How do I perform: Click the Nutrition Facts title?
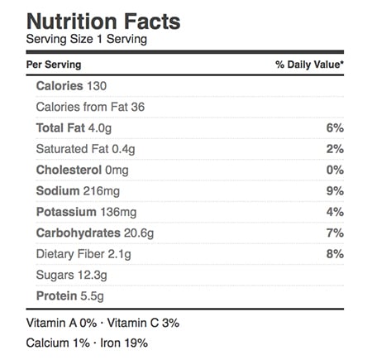(103, 22)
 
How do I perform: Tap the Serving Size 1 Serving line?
(87, 39)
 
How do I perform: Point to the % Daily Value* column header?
(309, 65)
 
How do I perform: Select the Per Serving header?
(54, 65)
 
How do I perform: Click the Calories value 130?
(97, 86)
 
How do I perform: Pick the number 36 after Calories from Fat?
(138, 107)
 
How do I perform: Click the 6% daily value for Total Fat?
(335, 128)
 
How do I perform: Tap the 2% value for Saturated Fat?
(335, 149)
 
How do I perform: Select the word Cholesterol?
(69, 170)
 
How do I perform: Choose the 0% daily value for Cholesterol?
(335, 170)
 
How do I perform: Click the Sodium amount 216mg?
(102, 191)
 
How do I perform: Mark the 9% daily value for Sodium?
(335, 191)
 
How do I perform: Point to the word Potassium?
(66, 212)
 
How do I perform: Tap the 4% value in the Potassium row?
(335, 212)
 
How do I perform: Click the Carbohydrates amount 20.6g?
(139, 233)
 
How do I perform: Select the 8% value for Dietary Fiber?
(335, 254)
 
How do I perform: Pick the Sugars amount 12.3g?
(93, 276)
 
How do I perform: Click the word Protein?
(57, 296)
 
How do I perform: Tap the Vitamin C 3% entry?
(143, 323)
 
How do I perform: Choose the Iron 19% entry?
(124, 343)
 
